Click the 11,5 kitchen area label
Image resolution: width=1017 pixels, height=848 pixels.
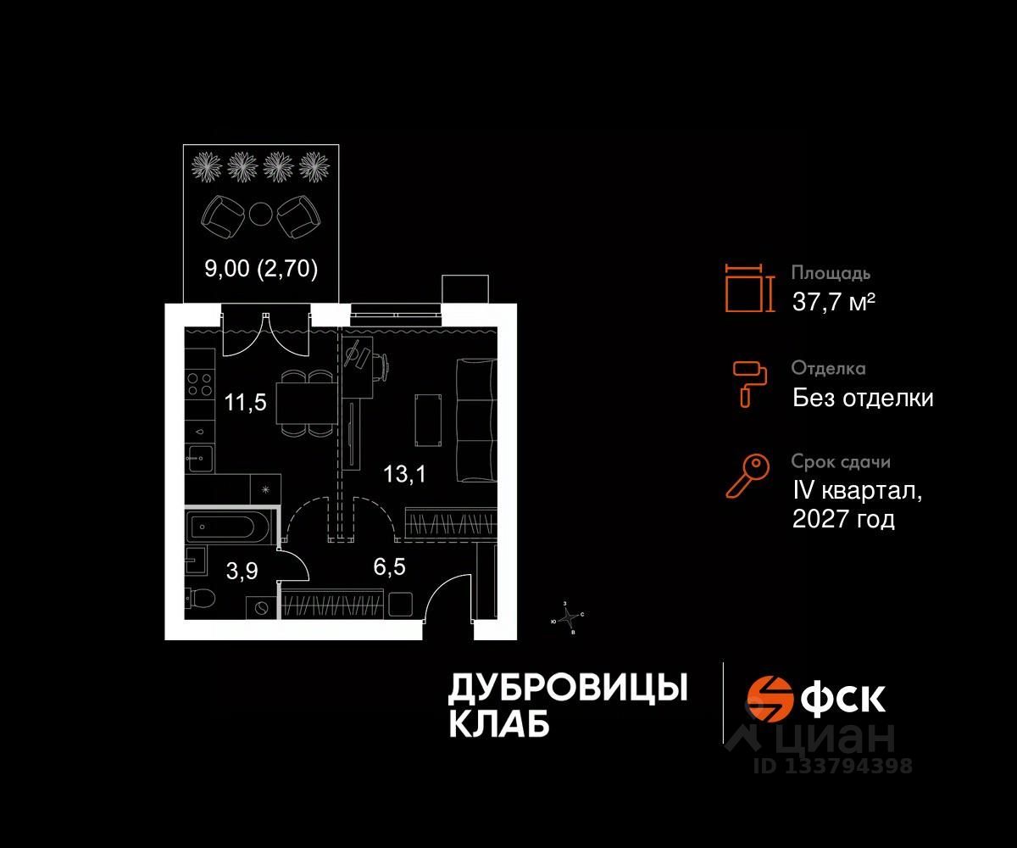[246, 402]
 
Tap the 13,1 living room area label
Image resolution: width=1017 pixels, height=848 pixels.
[403, 475]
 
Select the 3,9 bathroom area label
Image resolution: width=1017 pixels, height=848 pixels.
[242, 572]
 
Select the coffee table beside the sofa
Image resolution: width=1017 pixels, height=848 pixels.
[426, 420]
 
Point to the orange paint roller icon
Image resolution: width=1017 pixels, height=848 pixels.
[749, 382]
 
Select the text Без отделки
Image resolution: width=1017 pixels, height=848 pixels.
[863, 398]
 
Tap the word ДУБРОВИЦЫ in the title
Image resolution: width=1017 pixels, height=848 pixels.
[567, 689]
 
